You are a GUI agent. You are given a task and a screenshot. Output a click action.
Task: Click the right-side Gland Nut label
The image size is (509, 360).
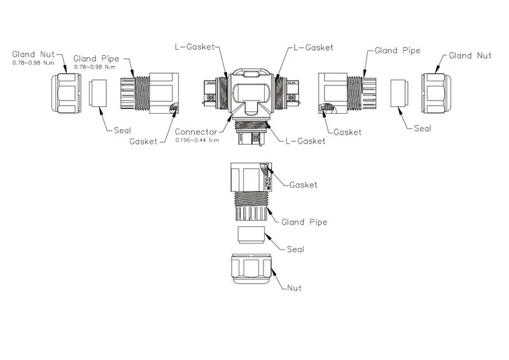(x=471, y=56)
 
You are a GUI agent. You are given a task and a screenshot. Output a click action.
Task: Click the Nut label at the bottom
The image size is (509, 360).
(x=294, y=288)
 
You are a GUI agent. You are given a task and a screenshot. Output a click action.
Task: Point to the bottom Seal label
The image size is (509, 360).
(x=295, y=249)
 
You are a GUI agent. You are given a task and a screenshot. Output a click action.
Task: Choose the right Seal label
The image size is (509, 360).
(x=422, y=128)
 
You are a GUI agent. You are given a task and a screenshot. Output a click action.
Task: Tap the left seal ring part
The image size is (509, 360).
(x=100, y=92)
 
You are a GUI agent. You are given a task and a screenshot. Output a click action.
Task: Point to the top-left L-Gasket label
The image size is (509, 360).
(x=195, y=48)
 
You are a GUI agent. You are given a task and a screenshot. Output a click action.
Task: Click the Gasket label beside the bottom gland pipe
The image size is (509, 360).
(x=303, y=185)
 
